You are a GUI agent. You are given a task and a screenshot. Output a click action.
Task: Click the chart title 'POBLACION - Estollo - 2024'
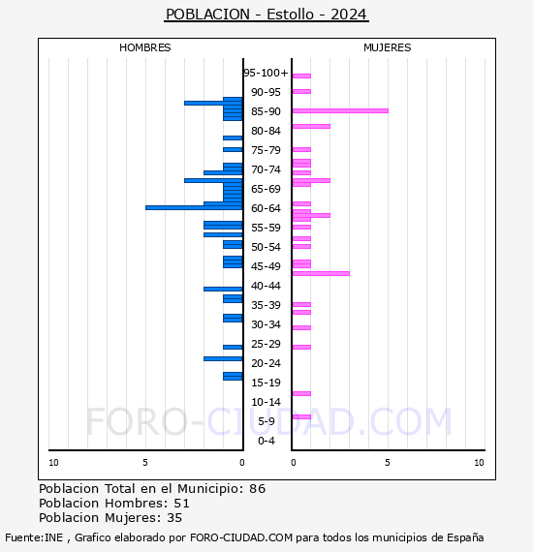[x=266, y=15]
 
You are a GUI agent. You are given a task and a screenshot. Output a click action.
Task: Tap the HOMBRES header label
[x=144, y=47]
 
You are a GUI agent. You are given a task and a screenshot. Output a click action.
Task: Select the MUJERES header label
[x=387, y=47]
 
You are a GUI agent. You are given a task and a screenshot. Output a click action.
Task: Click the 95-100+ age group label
[x=266, y=73]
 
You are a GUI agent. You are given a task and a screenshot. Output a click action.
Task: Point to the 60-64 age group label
[x=266, y=208]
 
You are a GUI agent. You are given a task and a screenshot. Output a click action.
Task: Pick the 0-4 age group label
[x=266, y=441]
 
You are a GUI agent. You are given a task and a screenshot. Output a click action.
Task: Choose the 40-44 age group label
[x=266, y=286]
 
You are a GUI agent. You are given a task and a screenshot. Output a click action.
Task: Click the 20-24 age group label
[x=266, y=363]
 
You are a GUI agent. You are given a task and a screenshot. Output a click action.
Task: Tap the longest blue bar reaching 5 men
[x=194, y=207]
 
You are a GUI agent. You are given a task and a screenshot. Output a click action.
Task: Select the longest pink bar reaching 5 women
[x=339, y=110]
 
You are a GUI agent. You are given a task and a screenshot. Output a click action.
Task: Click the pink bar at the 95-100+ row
[x=301, y=76]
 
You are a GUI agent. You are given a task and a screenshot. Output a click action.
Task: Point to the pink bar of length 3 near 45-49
[x=320, y=273]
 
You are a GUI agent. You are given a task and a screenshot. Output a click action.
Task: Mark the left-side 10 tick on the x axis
[x=53, y=463]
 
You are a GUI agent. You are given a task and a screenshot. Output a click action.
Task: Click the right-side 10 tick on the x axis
[x=479, y=463]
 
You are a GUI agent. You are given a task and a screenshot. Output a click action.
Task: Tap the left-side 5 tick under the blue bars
[x=145, y=463]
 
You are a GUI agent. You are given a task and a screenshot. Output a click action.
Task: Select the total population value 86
[x=257, y=489]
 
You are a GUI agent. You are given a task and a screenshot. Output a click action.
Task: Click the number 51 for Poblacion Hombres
[x=181, y=504]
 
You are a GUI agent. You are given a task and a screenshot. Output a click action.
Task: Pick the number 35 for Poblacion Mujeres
[x=174, y=518]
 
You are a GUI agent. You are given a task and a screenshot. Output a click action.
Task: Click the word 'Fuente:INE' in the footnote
[x=36, y=537]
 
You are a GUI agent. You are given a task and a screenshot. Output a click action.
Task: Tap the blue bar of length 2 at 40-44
[x=223, y=289]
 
